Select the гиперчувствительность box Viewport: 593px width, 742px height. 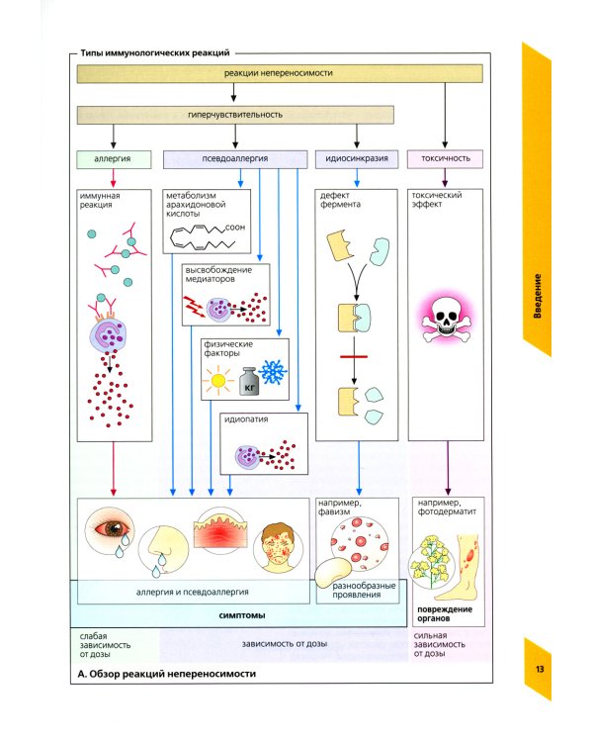click(234, 114)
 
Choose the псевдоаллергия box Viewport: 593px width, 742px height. click(234, 157)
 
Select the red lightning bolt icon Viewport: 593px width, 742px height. click(195, 310)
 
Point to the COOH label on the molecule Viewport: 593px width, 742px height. click(235, 228)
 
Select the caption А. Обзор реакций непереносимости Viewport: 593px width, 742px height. click(165, 674)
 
